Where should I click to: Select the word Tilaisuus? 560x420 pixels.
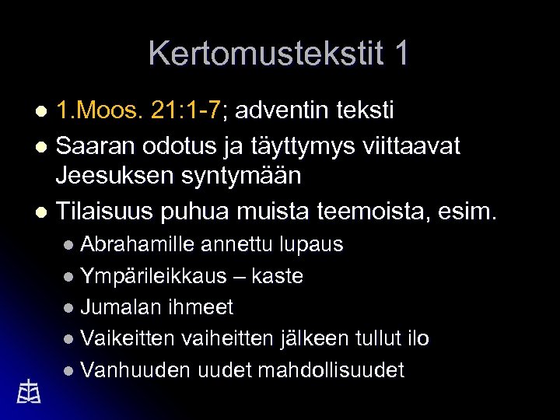(106, 211)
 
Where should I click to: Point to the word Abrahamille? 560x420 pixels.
(138, 244)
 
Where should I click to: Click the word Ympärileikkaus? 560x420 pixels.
(153, 276)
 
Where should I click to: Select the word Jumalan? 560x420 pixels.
(117, 307)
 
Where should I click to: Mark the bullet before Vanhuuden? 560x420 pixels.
(69, 371)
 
